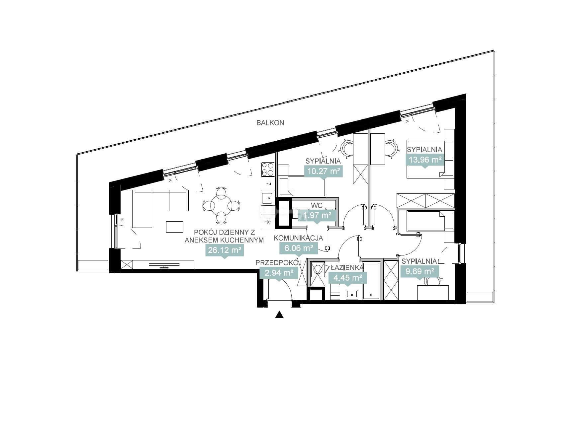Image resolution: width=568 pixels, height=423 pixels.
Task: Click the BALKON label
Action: [270, 123]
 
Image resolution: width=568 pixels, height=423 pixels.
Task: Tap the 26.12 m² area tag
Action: [225, 250]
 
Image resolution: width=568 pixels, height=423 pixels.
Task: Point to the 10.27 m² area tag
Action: [323, 171]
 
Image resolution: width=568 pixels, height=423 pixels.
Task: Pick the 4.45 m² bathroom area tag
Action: [348, 278]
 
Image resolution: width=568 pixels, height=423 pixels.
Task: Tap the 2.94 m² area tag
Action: [279, 273]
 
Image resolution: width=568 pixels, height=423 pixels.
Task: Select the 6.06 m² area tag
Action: [299, 247]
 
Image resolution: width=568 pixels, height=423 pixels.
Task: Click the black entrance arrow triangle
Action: [279, 315]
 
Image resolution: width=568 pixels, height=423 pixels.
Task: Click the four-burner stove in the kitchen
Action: [268, 169]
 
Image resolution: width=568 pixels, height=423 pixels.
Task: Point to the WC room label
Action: [317, 206]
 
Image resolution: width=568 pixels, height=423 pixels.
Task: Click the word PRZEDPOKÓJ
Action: [278, 263]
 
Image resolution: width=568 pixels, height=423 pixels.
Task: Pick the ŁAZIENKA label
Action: [347, 267]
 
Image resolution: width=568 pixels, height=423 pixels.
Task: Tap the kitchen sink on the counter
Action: [267, 198]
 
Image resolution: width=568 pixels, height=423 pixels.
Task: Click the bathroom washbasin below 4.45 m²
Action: [351, 294]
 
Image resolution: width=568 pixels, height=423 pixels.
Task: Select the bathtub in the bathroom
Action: [371, 281]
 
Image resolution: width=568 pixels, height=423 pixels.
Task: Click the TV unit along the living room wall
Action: [164, 264]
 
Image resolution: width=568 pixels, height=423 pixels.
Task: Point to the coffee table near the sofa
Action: [175, 227]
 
